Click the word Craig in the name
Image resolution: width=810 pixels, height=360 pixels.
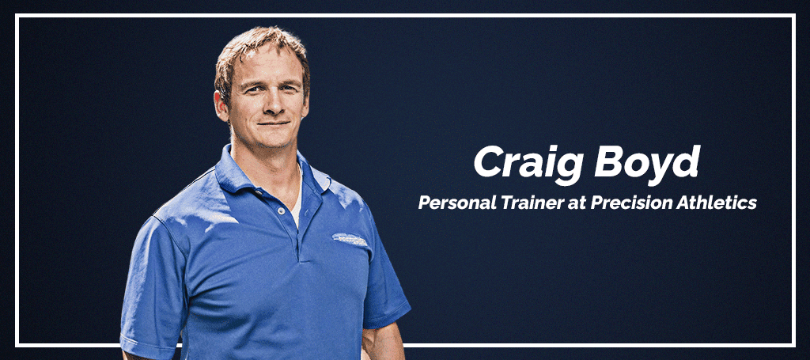[x=529, y=164]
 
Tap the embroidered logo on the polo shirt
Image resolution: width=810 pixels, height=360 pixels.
[x=350, y=239]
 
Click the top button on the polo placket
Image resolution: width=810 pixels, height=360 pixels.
[x=281, y=210]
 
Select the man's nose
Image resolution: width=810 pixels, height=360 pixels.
[x=271, y=104]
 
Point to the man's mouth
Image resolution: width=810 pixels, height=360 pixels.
[x=274, y=123]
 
